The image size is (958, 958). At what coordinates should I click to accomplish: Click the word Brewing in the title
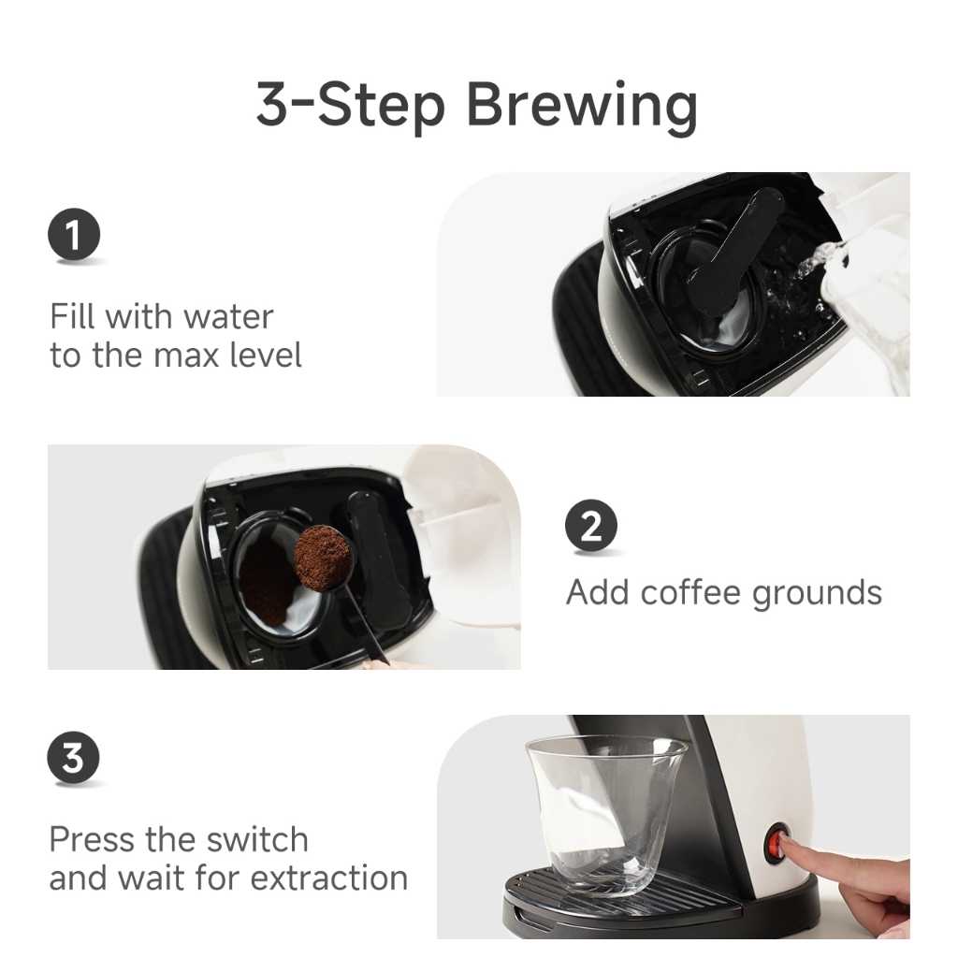582,105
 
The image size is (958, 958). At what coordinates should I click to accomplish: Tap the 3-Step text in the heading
350,105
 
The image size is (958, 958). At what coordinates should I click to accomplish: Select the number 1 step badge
74,234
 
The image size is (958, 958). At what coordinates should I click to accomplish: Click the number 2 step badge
591,526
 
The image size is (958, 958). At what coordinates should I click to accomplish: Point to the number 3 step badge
73,758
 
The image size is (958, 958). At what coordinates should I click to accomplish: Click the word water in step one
228,316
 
